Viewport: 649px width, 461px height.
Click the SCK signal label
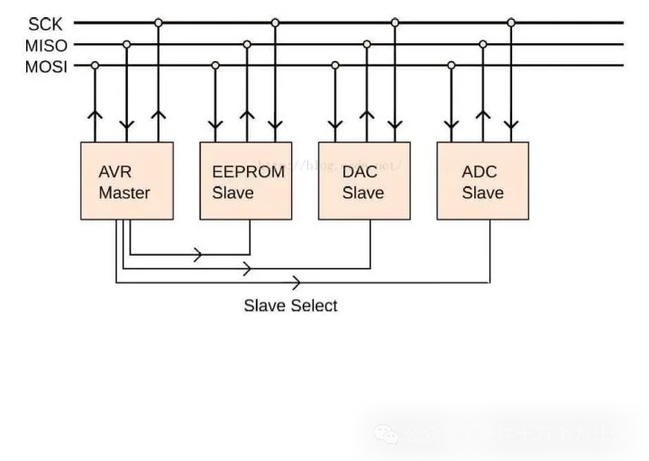45,24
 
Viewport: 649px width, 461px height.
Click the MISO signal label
45,45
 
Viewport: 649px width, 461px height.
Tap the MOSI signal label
45,66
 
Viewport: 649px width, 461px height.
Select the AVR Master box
126,181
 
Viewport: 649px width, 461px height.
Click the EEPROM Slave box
245,181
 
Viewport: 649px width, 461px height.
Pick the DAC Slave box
364,181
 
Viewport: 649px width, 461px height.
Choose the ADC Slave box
482,181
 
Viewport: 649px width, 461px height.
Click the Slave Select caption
290,306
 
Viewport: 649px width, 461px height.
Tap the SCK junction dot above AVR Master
159,23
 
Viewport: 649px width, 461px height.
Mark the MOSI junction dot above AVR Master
96,65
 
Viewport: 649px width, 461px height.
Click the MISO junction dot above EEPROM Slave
247,44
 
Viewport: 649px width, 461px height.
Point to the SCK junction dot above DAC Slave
394,23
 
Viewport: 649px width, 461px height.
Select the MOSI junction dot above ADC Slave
452,65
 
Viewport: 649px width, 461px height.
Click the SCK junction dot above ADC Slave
511,23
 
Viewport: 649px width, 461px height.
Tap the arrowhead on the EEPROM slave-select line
197,255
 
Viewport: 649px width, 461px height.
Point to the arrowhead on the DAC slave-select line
246,268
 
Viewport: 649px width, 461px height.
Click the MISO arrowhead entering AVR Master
127,123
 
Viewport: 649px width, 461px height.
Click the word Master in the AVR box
124,193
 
